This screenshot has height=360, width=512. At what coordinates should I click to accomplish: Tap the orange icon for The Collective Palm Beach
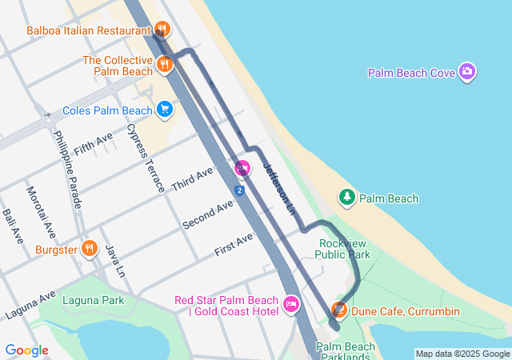(x=165, y=65)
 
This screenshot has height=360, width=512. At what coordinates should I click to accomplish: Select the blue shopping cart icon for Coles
(x=165, y=110)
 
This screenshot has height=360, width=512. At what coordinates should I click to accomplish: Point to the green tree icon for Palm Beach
(x=346, y=197)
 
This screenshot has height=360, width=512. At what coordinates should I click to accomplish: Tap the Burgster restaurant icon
(x=89, y=249)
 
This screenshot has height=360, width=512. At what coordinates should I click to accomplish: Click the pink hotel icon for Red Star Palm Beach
(x=291, y=304)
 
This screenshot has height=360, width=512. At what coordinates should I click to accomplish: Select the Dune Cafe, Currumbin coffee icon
(x=339, y=309)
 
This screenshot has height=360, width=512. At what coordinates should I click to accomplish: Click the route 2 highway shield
(x=238, y=190)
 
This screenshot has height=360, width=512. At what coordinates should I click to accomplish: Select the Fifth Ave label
(x=94, y=144)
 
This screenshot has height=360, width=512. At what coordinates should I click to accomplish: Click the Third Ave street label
(x=193, y=180)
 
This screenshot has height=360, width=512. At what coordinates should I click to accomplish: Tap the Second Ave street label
(x=208, y=214)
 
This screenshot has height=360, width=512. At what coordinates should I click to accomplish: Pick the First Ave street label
(x=234, y=245)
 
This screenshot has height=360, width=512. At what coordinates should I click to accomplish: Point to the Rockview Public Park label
(x=343, y=249)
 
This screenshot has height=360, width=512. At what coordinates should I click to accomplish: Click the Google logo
(x=26, y=350)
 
